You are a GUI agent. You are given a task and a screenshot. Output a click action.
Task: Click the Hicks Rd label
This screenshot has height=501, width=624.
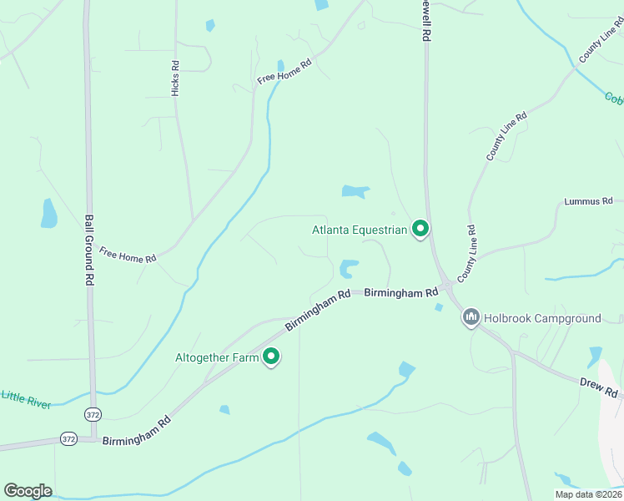175,78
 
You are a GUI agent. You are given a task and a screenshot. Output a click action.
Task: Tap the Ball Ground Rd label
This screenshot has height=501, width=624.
88,250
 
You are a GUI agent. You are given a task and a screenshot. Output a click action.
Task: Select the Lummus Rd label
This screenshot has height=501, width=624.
588,201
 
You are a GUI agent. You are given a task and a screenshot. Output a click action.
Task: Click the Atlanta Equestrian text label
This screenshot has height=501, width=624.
360,230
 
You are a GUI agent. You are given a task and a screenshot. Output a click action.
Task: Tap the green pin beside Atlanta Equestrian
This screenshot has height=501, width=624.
420,228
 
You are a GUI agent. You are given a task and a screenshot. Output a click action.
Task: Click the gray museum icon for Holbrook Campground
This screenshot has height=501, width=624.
471,317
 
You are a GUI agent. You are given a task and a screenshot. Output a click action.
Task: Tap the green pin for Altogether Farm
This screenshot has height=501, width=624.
270,357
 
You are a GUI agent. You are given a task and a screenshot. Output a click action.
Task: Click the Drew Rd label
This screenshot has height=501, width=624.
599,387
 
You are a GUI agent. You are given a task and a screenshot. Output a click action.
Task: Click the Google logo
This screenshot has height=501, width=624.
28,491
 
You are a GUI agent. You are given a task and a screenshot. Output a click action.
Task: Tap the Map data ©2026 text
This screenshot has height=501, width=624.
588,494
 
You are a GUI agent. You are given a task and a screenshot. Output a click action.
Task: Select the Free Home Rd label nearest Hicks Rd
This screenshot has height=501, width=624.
284,71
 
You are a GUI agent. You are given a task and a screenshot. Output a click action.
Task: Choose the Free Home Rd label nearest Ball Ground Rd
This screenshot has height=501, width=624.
128,253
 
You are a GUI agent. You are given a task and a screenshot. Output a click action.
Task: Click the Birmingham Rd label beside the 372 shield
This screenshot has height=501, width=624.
137,429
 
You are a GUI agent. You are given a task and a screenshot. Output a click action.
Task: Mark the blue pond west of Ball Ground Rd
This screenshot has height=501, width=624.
48,214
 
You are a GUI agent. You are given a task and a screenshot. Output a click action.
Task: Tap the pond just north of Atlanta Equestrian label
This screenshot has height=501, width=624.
355,192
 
